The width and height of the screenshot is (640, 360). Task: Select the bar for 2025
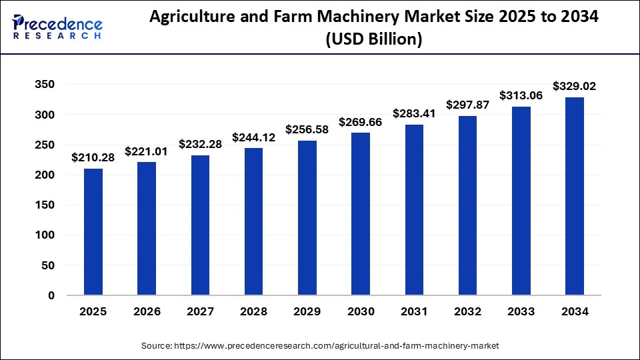coord(93,231)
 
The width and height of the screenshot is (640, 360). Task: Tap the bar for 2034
coord(574,196)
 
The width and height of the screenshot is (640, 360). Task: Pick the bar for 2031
coord(414,209)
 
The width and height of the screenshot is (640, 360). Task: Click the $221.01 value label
coord(147,151)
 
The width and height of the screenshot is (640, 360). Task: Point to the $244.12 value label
coord(254,137)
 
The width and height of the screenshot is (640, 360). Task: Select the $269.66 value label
coord(361,122)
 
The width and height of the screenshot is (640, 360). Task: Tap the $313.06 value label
coord(521,96)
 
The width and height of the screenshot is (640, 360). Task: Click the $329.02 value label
coord(574,86)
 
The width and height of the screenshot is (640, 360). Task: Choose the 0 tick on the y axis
coord(51,295)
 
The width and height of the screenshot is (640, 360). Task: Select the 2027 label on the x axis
coord(200,311)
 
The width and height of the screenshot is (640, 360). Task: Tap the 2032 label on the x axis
coord(467,311)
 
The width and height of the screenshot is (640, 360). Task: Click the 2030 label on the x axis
coord(361,311)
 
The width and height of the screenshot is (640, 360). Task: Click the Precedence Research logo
coord(57,27)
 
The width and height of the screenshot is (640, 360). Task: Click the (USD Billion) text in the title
coord(373,40)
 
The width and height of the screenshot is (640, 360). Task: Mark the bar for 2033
coord(521,201)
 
